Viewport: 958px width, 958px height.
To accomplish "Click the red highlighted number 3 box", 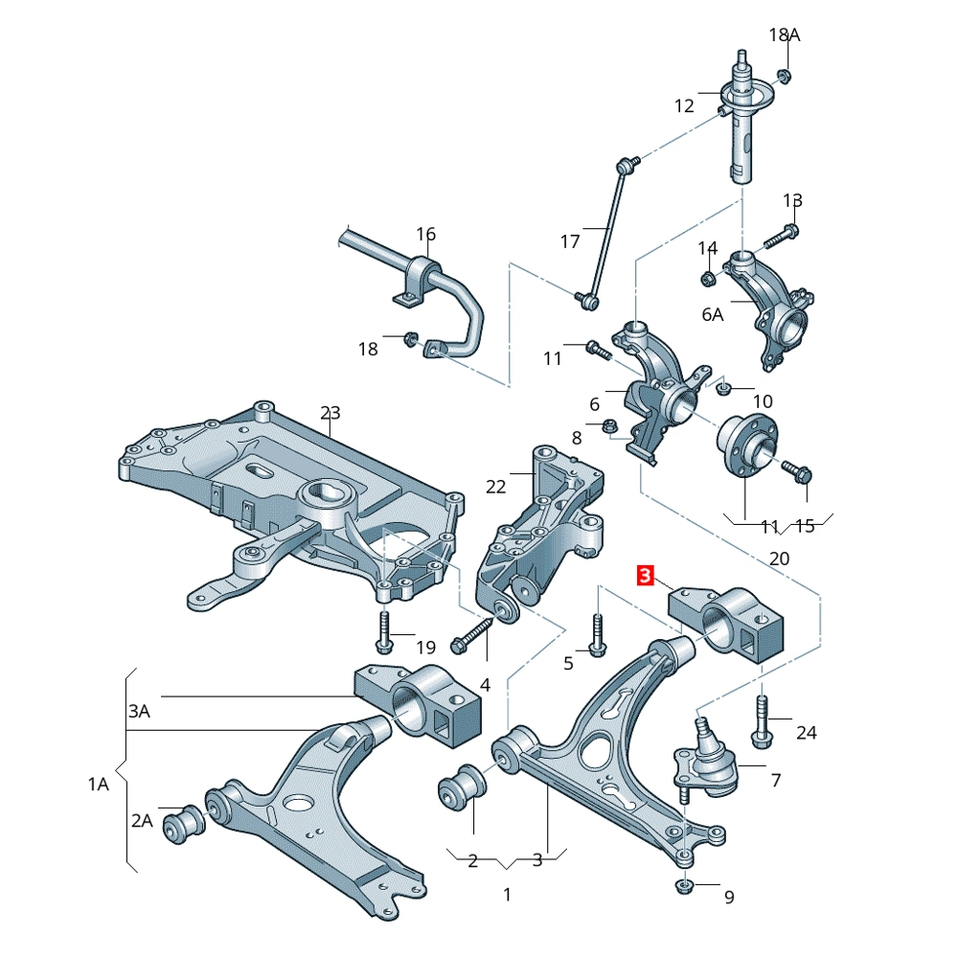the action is pos(646,576).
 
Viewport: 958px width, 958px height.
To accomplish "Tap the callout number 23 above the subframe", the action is pos(331,413).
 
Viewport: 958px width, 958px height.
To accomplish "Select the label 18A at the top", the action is pos(785,34).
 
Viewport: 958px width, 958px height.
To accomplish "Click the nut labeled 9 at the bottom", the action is pos(685,884).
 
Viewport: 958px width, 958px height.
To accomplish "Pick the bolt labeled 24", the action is pos(762,722).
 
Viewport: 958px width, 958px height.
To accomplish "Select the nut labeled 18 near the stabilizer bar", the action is pos(411,338).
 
